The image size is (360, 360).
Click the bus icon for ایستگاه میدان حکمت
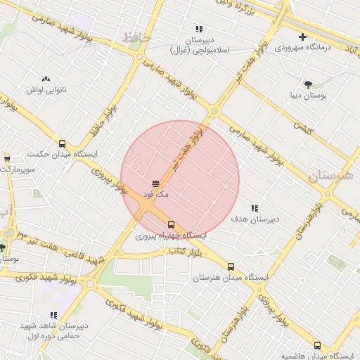click(x=63, y=143)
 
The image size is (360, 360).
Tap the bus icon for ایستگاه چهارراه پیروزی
click(x=171, y=224)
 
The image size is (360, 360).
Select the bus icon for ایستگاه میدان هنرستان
click(x=231, y=266)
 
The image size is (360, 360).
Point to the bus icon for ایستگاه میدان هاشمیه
click(x=317, y=345)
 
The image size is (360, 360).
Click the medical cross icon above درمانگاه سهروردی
click(x=302, y=37)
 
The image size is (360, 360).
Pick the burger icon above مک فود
click(x=155, y=184)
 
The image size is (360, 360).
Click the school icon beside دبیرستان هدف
click(x=254, y=209)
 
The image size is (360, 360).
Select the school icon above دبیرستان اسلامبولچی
click(x=199, y=30)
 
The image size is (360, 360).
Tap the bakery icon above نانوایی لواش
click(x=46, y=79)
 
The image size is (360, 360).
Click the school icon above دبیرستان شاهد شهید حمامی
click(x=53, y=315)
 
